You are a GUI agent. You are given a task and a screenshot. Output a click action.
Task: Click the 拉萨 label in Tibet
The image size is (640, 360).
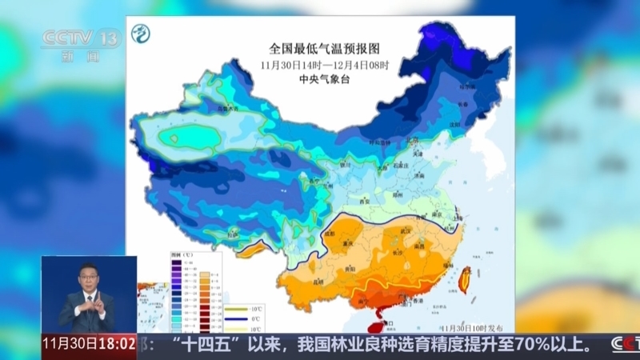click(x=233, y=234)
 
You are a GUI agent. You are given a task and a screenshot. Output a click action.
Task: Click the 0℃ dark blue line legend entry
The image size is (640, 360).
click(x=238, y=318)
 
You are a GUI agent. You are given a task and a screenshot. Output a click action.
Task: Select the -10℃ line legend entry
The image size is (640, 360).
click(x=238, y=307)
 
